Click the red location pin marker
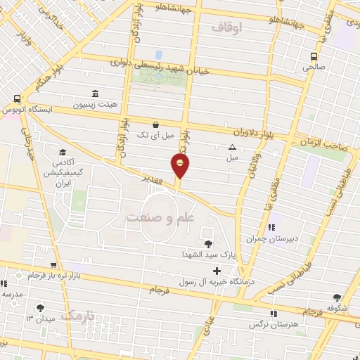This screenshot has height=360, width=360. coord(181,167)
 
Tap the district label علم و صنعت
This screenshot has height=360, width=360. coord(160,218)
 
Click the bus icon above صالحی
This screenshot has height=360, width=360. coord(314,57)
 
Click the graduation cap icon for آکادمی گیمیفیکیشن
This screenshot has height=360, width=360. coord(63,152)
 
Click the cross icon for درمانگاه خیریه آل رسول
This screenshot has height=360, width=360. coord(217,271)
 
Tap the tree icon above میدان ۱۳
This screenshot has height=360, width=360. coord(40,307)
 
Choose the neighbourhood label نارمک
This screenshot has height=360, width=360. coord(77,316)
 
